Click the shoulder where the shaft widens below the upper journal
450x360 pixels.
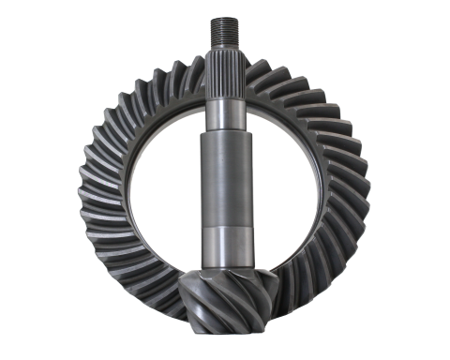pos(225,133)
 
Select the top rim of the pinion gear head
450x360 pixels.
pos(226,267)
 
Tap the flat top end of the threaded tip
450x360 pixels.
pos(225,17)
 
